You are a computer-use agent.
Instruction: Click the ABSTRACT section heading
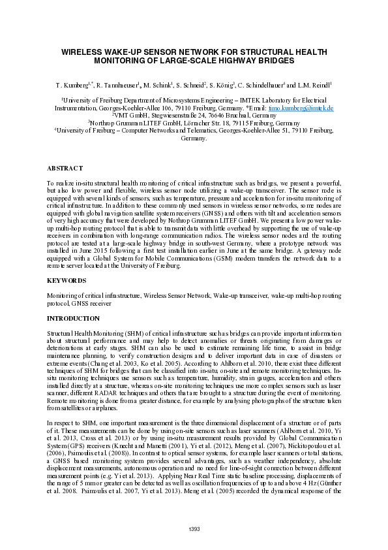point(65,168)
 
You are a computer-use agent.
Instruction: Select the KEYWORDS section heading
point(66,280)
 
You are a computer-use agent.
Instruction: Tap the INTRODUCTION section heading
point(73,319)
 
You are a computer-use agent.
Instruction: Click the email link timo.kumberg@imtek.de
point(306,107)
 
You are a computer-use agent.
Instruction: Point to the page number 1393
point(194,528)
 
